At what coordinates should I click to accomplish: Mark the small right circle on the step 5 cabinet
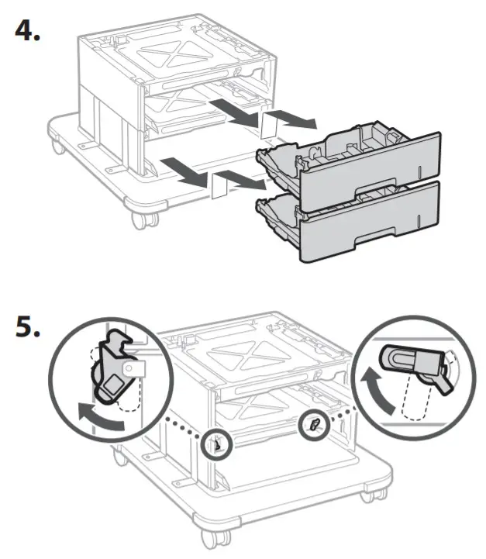[x=313, y=424]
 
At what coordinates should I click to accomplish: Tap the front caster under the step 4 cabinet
[x=140, y=219]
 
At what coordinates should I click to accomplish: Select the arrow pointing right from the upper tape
[x=298, y=120]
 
